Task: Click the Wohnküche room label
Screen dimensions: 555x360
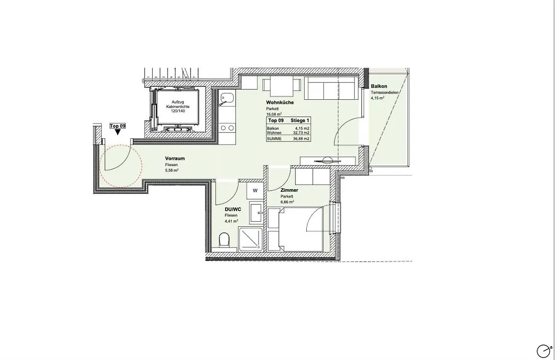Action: (x=280, y=102)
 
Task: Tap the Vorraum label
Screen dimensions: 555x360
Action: (x=175, y=158)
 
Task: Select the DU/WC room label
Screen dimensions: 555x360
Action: (x=233, y=209)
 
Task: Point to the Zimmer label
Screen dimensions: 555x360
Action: (x=289, y=190)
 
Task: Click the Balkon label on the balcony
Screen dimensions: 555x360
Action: (x=379, y=86)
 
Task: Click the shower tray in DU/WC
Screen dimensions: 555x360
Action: (x=251, y=239)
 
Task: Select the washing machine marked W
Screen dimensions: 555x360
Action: (x=255, y=191)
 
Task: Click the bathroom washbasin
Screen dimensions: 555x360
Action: (x=256, y=213)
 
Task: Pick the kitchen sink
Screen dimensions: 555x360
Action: (x=226, y=99)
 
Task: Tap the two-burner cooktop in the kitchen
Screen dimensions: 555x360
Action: (x=227, y=128)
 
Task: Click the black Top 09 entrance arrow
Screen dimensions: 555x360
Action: (x=118, y=132)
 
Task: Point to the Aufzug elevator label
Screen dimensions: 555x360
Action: (x=178, y=102)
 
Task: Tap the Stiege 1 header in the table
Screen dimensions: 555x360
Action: (x=300, y=120)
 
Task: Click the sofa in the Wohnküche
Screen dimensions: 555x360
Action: (x=330, y=88)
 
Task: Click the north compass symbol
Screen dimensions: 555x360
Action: (x=544, y=351)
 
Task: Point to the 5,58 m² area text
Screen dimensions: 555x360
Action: (x=172, y=170)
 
